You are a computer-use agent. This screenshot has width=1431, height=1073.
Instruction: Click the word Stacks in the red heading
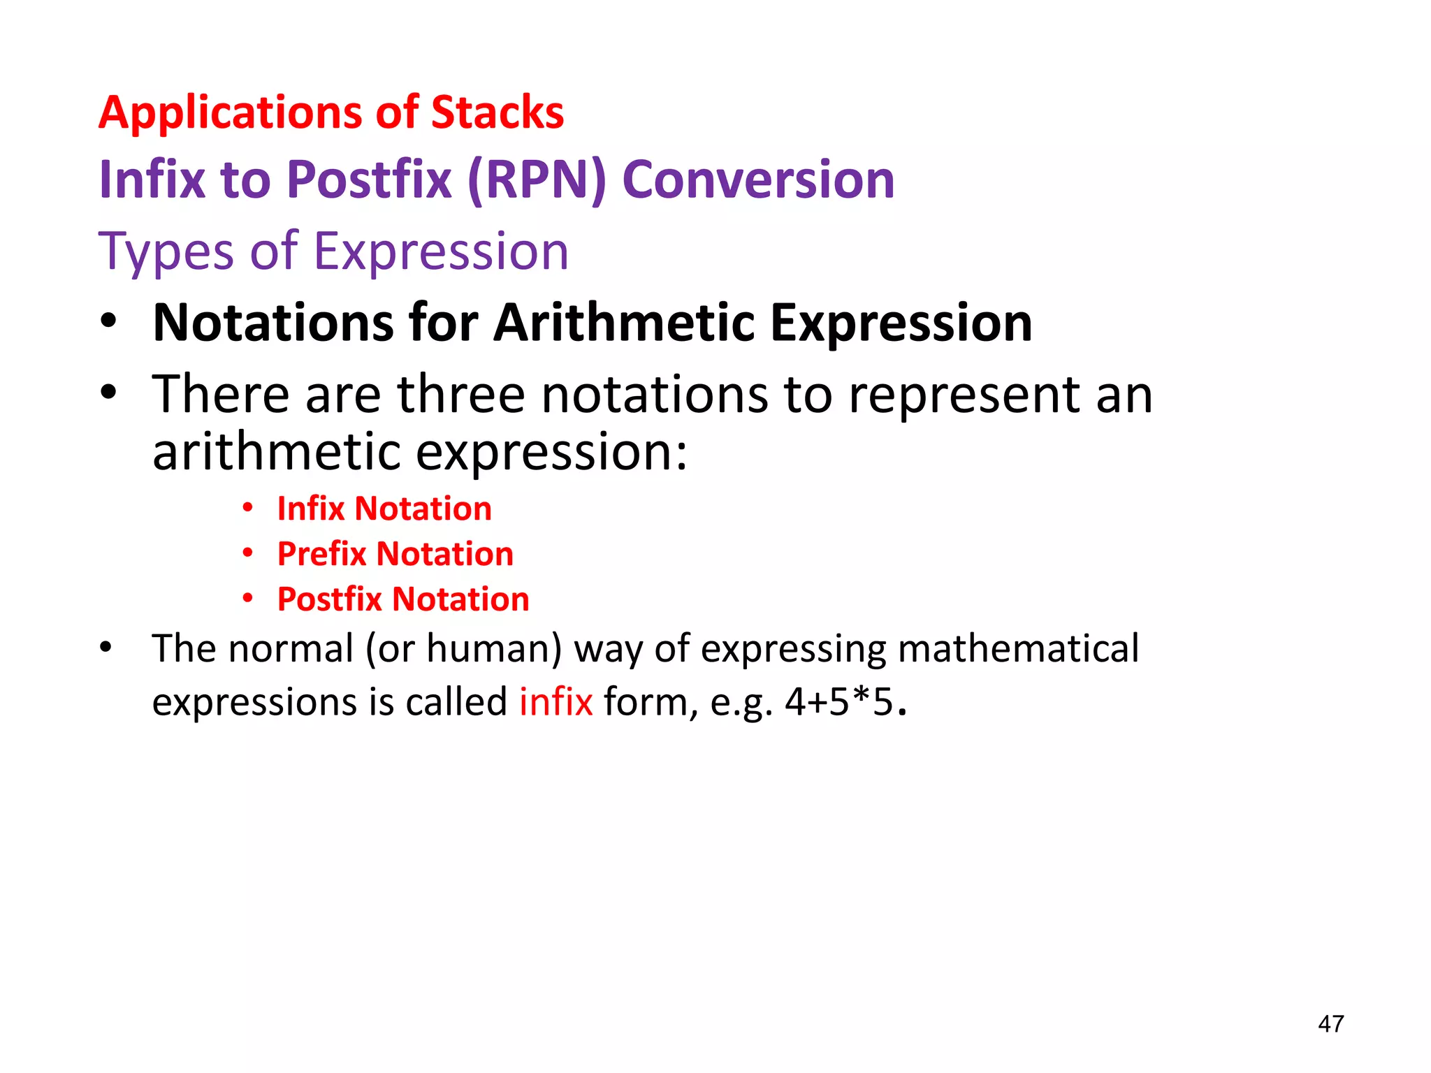coord(497,112)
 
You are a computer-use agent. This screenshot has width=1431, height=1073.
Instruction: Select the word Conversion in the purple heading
coord(758,180)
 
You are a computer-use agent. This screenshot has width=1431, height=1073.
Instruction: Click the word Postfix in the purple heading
coord(369,180)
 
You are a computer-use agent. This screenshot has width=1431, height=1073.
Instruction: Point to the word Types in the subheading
coord(166,251)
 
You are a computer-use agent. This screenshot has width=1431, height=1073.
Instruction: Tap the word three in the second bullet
coord(460,395)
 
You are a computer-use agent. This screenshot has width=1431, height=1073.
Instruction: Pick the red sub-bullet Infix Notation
coord(384,509)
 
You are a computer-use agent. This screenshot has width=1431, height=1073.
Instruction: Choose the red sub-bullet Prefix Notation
coord(395,554)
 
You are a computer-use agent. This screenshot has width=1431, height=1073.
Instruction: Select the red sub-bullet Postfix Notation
coord(403,599)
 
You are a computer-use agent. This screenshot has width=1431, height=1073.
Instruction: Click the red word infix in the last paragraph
coord(555,701)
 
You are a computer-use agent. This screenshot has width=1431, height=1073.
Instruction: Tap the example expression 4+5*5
coord(839,701)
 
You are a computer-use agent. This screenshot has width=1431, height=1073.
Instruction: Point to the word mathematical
coord(1018,648)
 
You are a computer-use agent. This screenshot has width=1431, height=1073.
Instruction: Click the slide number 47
coord(1330,1024)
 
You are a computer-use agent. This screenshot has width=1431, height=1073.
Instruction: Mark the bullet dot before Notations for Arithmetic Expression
coord(108,322)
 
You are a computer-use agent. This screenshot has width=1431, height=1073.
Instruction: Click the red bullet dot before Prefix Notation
coord(247,553)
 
